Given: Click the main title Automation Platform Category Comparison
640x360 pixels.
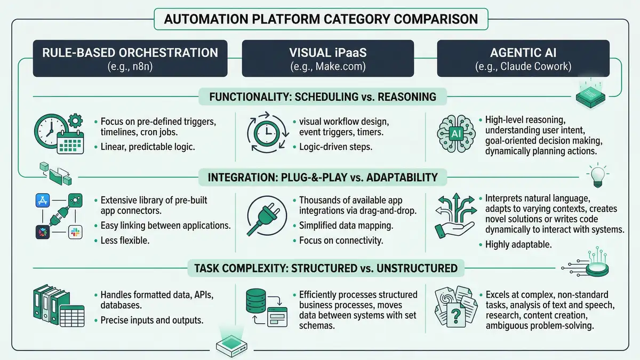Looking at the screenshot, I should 321,20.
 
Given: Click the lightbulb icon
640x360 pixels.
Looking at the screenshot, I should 596,175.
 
